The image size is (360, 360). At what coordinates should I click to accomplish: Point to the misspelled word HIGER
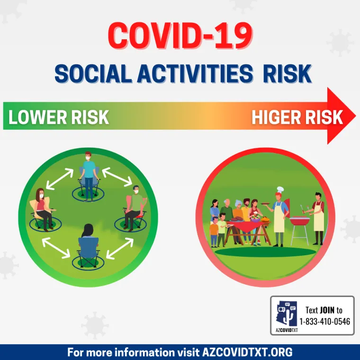pos(274,117)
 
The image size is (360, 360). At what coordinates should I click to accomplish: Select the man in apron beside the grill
pos(318,216)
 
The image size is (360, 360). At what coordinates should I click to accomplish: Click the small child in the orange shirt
pos(215,230)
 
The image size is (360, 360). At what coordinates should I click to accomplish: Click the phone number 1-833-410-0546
pos(325,322)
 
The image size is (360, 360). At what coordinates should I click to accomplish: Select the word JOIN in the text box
pos(327,310)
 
